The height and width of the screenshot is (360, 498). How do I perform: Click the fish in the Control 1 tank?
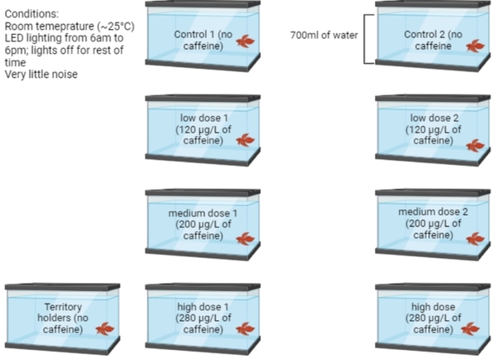pos(246,41)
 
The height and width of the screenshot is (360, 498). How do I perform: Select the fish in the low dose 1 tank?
pos(246,140)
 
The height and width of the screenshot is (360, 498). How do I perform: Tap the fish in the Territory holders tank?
pos(105,328)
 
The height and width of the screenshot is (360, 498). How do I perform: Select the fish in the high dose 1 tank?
pos(246,328)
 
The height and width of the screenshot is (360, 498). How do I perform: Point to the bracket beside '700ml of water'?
pos(366,39)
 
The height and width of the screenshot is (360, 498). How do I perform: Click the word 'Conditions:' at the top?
pos(32,13)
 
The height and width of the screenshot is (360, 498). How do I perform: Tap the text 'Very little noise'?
pos(44,75)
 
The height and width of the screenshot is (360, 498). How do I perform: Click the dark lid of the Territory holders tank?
pos(62,286)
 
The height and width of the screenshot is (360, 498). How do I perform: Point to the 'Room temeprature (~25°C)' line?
pos(69,26)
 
